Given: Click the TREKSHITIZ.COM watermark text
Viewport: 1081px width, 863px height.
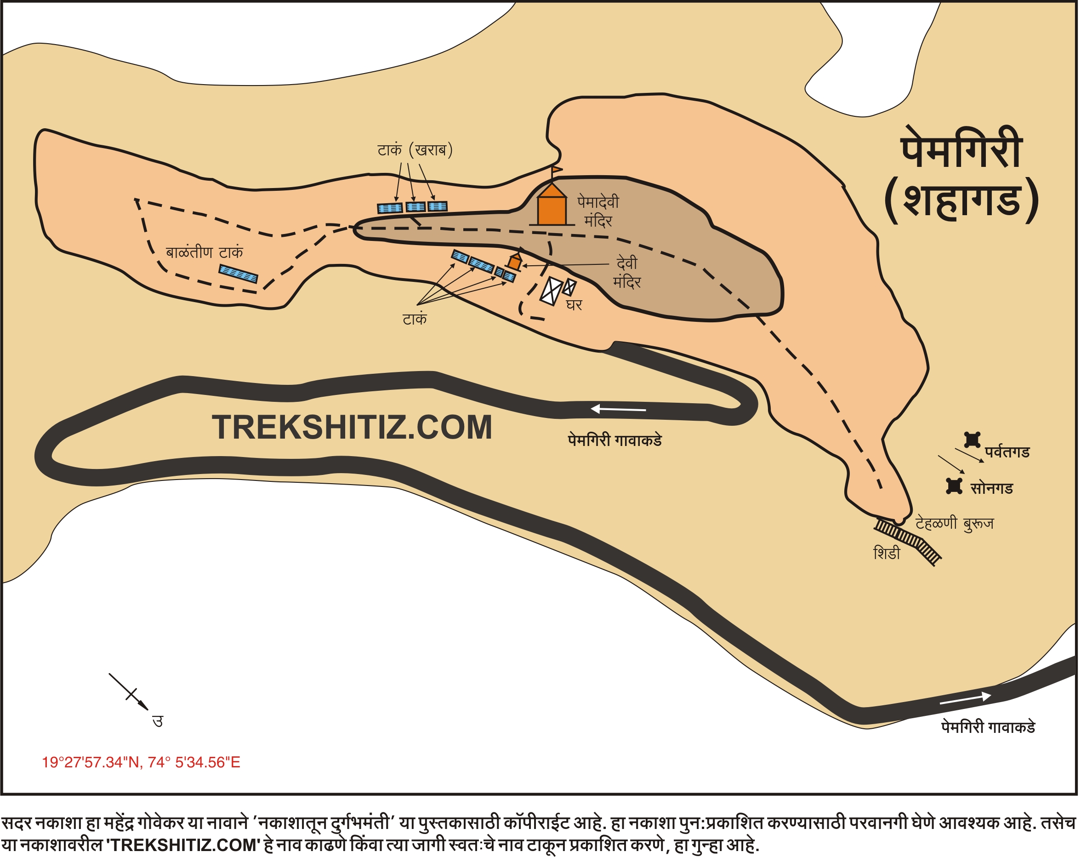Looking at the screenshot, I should point(352,428).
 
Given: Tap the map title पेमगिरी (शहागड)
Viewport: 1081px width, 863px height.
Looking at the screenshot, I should point(961,176).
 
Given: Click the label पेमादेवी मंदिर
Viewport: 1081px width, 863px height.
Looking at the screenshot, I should point(598,211).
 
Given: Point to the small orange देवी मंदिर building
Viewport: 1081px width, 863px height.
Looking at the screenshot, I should point(514,262).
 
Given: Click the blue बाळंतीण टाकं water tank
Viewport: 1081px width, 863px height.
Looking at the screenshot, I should point(238,274).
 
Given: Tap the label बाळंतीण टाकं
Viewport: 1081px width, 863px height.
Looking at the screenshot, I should point(204,252).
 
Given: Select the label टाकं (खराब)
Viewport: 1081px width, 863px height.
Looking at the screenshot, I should point(415,149).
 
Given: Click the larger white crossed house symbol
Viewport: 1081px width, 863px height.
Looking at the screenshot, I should point(551,290).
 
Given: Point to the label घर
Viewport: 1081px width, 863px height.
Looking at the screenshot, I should point(574,305).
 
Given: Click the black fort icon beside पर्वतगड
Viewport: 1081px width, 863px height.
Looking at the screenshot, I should point(972,440).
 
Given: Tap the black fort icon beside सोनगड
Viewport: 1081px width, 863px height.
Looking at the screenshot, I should point(954,486).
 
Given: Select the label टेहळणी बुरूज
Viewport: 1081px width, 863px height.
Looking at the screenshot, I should point(954,523).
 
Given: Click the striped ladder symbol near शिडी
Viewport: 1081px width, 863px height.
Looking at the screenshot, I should point(908,540).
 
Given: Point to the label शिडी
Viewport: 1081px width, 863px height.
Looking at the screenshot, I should point(887,554).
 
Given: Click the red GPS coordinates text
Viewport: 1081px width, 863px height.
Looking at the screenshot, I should point(141,762).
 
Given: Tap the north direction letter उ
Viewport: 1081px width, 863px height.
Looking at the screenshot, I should point(158,721).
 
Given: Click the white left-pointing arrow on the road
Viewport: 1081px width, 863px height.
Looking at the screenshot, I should point(618,409).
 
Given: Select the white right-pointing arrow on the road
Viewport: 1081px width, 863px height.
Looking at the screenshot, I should point(965,698).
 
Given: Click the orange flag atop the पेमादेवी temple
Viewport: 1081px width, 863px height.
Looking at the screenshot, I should point(557,170).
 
